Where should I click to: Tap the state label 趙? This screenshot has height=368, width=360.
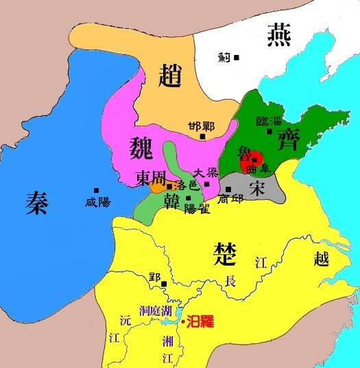pos(171,72)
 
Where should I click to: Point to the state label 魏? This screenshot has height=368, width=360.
pos(143,147)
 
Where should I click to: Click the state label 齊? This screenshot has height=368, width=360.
pos(286,142)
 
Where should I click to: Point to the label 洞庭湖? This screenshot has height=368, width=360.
pos(151,309)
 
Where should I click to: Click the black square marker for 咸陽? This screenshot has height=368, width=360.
pos(97,190)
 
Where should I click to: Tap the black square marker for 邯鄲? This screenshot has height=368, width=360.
pos(203,137)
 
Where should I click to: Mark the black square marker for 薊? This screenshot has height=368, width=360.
pos(236,57)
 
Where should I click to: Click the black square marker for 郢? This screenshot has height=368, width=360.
pos(164,284)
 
